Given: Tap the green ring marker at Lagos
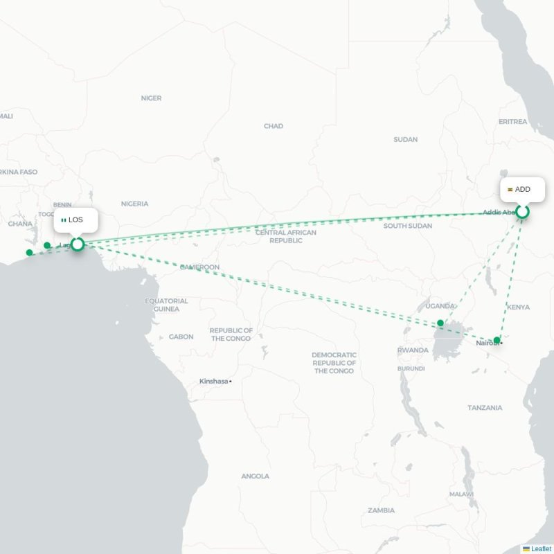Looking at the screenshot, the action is click(x=78, y=244).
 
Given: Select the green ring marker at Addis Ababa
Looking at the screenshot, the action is click(x=523, y=212).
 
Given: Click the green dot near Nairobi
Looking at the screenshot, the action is click(x=497, y=340).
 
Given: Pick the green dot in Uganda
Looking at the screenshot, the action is click(x=440, y=323).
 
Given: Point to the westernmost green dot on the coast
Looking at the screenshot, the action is click(x=29, y=253).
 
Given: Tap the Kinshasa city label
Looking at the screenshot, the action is click(x=214, y=381).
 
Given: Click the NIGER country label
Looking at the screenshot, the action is click(x=151, y=98).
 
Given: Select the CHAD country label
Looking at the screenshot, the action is click(x=274, y=126).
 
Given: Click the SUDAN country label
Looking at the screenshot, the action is click(x=405, y=139).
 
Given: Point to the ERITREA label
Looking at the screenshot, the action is click(x=512, y=121).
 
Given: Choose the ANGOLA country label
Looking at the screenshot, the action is click(x=255, y=476).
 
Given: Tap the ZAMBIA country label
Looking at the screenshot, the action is click(x=381, y=510).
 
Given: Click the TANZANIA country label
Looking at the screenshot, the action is click(x=485, y=408).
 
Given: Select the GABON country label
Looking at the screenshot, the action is click(x=181, y=337).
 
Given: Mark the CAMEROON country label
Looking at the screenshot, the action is click(x=199, y=267).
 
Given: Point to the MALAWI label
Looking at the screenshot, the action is click(x=461, y=494).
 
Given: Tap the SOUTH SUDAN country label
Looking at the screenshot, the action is click(x=408, y=226).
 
